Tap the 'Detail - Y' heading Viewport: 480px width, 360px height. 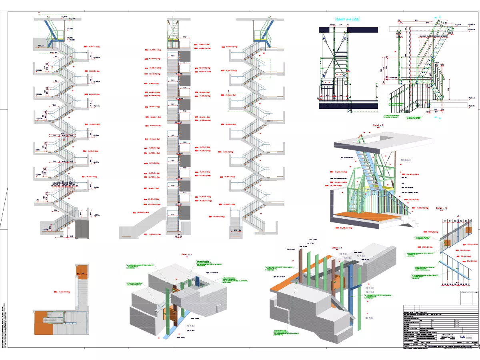coord(184,254)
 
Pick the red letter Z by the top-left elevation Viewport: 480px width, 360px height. coord(39,14)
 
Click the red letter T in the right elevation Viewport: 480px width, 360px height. coord(223,91)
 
